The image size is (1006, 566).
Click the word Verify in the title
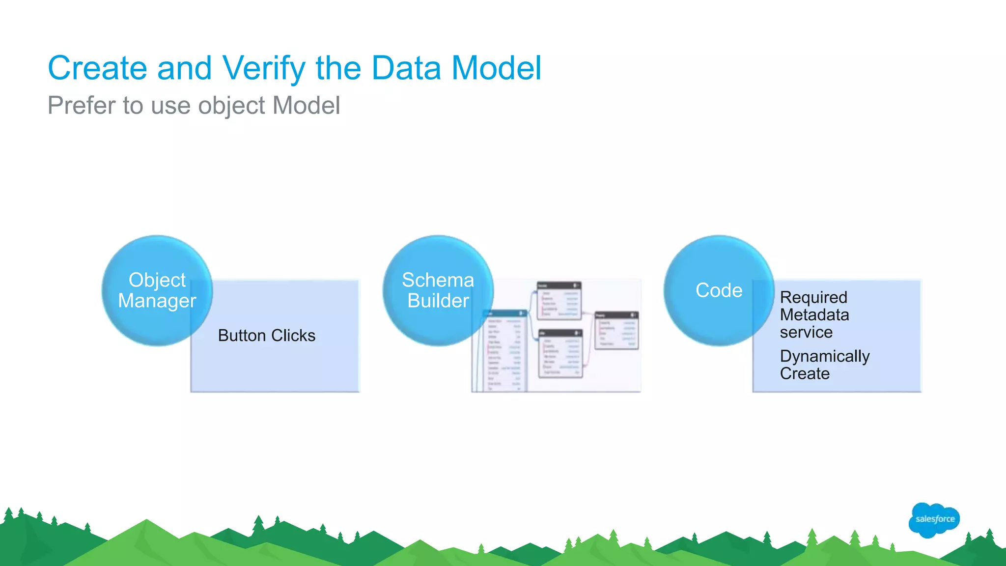(264, 68)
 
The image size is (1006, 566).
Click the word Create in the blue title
(97, 68)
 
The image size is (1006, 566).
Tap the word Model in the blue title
(496, 68)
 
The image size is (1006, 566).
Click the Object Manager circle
(157, 290)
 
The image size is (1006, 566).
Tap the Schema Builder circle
(438, 290)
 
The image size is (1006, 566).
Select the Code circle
(719, 290)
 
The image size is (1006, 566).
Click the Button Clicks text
(266, 336)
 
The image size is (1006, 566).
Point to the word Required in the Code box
(813, 297)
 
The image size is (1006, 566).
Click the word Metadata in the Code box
(814, 315)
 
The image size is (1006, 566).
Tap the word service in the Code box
(806, 333)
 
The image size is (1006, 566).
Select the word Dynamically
(825, 356)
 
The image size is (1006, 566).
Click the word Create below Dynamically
(805, 374)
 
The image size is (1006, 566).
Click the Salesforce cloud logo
(934, 519)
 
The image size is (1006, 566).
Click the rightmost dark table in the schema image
(616, 330)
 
